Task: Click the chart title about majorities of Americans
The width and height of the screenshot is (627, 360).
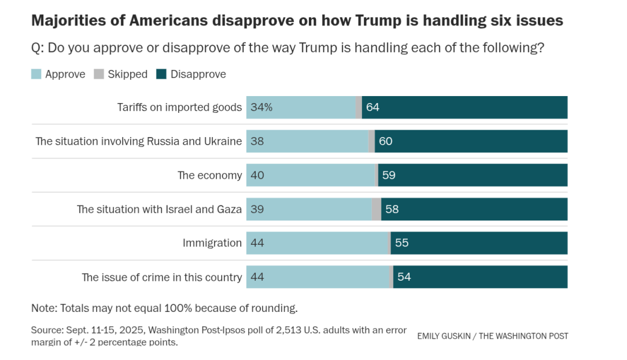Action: (x=297, y=21)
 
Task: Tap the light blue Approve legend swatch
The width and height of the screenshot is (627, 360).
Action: (x=36, y=74)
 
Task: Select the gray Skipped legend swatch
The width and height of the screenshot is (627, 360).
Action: (x=99, y=74)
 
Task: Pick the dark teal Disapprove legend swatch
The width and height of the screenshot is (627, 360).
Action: (x=161, y=74)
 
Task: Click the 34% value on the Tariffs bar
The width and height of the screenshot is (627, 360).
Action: (x=261, y=107)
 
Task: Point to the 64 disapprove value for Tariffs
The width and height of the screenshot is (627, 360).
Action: (x=372, y=107)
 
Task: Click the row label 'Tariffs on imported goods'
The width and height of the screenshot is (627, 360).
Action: (x=179, y=107)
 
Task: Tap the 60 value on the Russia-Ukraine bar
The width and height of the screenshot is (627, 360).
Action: (x=386, y=141)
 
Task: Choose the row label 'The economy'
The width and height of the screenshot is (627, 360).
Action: (x=209, y=175)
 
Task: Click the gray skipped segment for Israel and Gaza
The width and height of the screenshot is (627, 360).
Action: (x=377, y=209)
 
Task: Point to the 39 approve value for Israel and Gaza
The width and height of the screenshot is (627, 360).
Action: (x=257, y=209)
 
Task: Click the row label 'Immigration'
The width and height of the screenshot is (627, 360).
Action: (x=212, y=243)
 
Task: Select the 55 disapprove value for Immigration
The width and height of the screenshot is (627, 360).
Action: (x=401, y=243)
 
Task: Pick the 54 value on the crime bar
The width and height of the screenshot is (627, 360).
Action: (x=404, y=277)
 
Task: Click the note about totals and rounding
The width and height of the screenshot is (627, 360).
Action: (x=164, y=307)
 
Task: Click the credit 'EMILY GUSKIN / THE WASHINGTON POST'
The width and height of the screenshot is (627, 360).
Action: (x=492, y=336)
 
